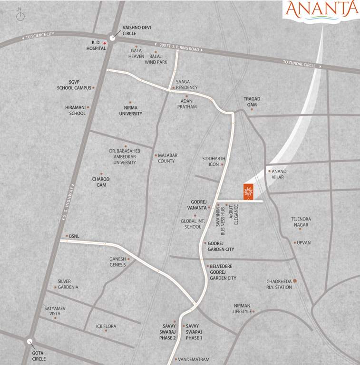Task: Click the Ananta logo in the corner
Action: pyautogui.click(x=321, y=10)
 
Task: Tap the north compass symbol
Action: pyautogui.click(x=20, y=16)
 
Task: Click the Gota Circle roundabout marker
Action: pyautogui.click(x=30, y=341)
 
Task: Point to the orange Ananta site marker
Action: pyautogui.click(x=248, y=192)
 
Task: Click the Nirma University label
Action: pyautogui.click(x=130, y=111)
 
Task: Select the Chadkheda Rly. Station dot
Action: pyautogui.click(x=295, y=281)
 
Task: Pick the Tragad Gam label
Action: pyautogui.click(x=252, y=102)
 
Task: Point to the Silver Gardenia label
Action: pyautogui.click(x=68, y=284)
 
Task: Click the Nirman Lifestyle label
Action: pyautogui.click(x=242, y=308)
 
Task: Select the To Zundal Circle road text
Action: pyautogui.click(x=299, y=62)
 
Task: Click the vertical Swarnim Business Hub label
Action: pyautogui.click(x=221, y=220)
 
